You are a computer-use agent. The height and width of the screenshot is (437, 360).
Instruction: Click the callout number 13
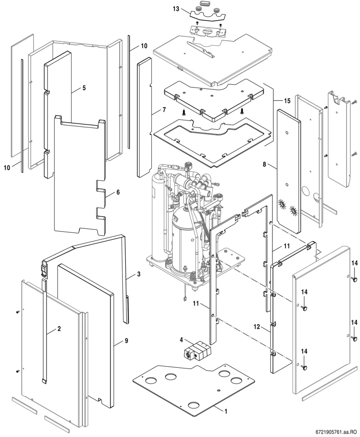(x=176, y=9)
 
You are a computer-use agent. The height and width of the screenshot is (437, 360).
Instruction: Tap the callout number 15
(x=287, y=101)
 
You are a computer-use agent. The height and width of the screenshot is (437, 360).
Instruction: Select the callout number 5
(x=84, y=88)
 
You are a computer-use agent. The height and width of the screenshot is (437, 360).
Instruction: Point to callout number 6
(x=118, y=192)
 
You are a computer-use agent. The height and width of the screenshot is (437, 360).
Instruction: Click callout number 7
(x=164, y=110)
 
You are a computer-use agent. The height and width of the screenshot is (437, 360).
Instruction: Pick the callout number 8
(x=264, y=164)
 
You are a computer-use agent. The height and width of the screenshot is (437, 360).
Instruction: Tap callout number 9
(x=126, y=341)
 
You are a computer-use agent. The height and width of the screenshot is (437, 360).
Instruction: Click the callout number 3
(x=139, y=274)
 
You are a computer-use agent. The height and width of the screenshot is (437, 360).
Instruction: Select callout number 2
(x=59, y=328)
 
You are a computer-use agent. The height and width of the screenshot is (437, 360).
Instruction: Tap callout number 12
(x=257, y=327)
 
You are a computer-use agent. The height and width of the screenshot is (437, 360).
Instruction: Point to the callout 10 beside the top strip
(x=144, y=46)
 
